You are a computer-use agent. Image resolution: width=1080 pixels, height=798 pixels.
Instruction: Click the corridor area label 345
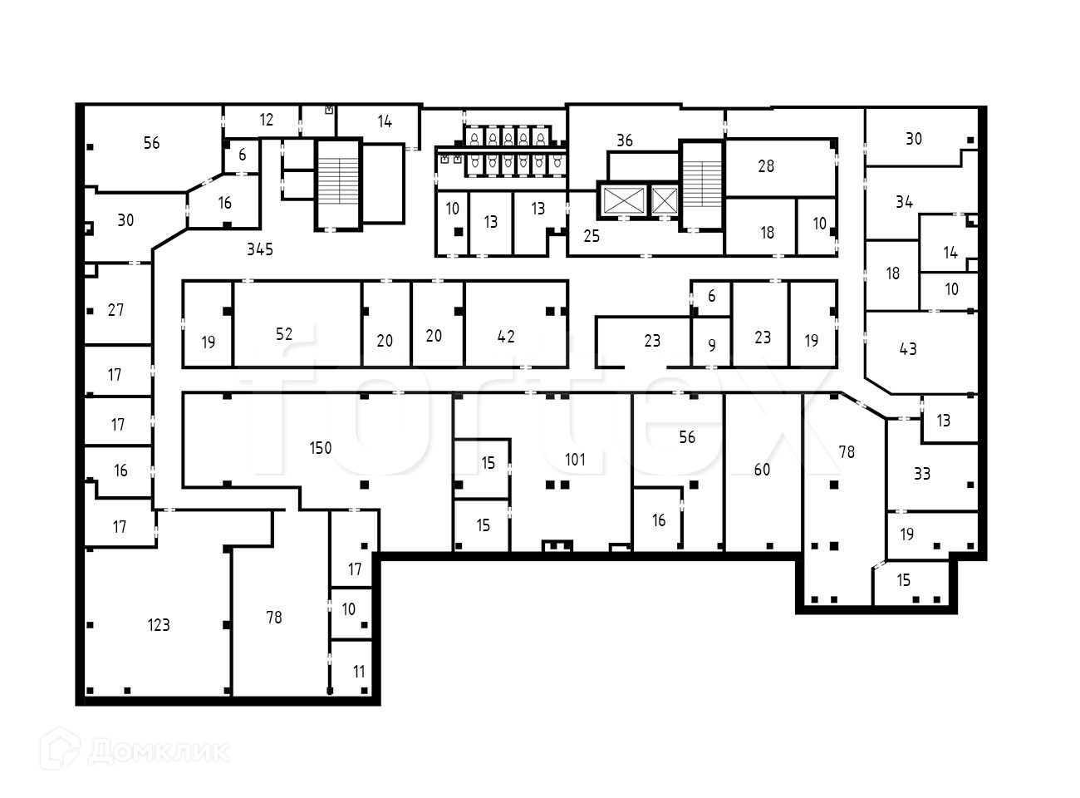pos(260,249)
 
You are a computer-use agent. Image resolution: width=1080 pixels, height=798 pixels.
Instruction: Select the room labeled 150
pos(321,448)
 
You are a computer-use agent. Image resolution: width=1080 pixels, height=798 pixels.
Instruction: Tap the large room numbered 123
pos(159,625)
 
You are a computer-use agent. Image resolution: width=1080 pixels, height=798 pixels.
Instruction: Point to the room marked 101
pos(575,460)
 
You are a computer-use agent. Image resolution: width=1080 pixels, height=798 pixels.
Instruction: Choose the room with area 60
pos(762,470)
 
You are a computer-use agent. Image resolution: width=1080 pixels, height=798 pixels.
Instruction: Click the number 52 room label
pos(284,333)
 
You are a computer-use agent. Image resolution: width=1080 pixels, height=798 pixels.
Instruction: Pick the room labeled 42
pos(506,336)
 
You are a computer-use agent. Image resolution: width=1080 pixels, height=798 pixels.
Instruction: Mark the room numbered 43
pos(908,349)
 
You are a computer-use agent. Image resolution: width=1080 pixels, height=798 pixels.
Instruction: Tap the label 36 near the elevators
pos(625,140)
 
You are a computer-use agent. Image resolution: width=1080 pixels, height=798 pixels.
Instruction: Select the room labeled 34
pos(904,202)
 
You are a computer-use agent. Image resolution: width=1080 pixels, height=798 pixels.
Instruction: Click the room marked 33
pos(922,474)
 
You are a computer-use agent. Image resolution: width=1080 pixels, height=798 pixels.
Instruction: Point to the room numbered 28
pos(766,166)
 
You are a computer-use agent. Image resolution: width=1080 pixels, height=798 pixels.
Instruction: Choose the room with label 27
pos(115,310)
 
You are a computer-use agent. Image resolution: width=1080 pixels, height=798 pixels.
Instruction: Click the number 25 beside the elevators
pos(592,236)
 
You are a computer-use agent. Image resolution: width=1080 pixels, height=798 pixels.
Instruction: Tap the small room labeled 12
pos(266,121)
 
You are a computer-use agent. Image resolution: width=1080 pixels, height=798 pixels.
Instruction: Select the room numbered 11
pos(359,672)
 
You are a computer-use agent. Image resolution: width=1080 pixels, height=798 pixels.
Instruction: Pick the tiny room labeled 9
pos(712,345)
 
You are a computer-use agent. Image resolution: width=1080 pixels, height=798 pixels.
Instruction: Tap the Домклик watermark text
pos(158,752)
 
